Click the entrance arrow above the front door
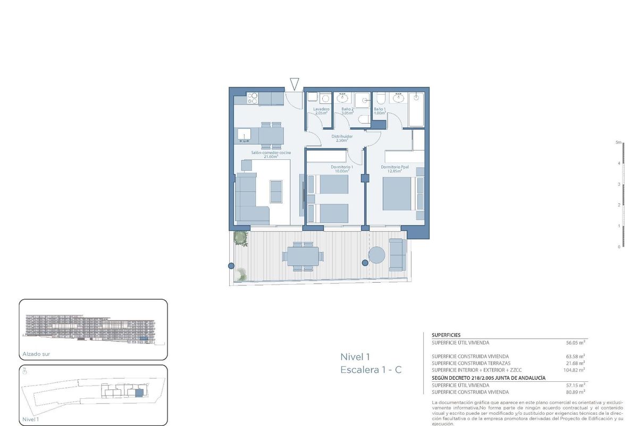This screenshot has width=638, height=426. [x=295, y=83]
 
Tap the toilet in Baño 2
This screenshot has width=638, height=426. [x=364, y=119]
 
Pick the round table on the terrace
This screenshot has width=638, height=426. [x=377, y=255]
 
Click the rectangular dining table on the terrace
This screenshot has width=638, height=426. [x=302, y=256]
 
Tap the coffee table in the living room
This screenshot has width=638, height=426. [x=276, y=191]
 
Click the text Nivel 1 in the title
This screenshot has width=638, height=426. [x=355, y=357]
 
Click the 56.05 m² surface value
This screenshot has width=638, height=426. [x=576, y=343]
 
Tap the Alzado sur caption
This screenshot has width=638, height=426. [x=36, y=354]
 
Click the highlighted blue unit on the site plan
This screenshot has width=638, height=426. [x=139, y=393]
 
